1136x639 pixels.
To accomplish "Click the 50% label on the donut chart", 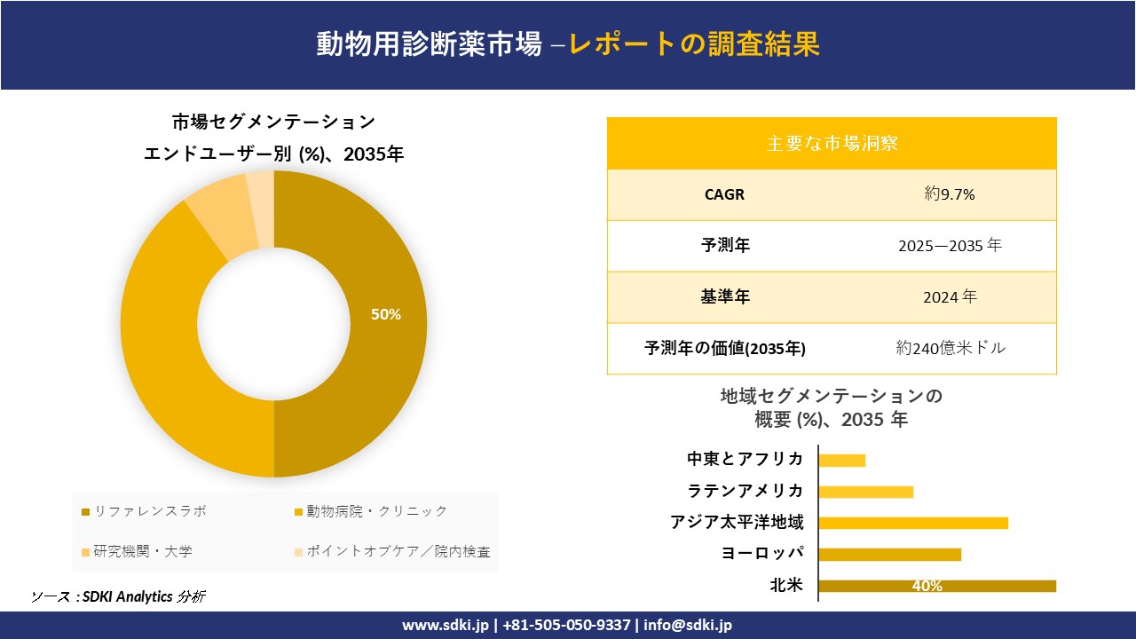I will click(x=386, y=314).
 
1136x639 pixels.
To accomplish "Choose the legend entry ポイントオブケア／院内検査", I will click(x=398, y=551).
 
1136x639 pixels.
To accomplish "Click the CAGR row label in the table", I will click(x=724, y=194).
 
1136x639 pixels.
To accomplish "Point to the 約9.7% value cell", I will click(x=950, y=194).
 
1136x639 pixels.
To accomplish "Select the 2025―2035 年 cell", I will click(x=950, y=246).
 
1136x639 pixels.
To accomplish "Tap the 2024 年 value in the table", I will click(x=950, y=297).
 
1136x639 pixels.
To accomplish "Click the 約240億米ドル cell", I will click(x=951, y=348).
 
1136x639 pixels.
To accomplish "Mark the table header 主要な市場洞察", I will click(x=832, y=143).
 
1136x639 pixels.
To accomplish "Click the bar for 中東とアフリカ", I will click(x=841, y=460).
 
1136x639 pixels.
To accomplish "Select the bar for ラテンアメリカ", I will click(x=865, y=492).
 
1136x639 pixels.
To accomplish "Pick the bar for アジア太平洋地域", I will click(x=912, y=523).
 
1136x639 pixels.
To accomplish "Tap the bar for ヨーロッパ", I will click(x=889, y=555).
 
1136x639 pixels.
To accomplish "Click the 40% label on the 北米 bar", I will click(x=927, y=586).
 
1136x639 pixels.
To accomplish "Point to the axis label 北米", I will click(x=786, y=586).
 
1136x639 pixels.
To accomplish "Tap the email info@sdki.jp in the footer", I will click(x=690, y=625).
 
